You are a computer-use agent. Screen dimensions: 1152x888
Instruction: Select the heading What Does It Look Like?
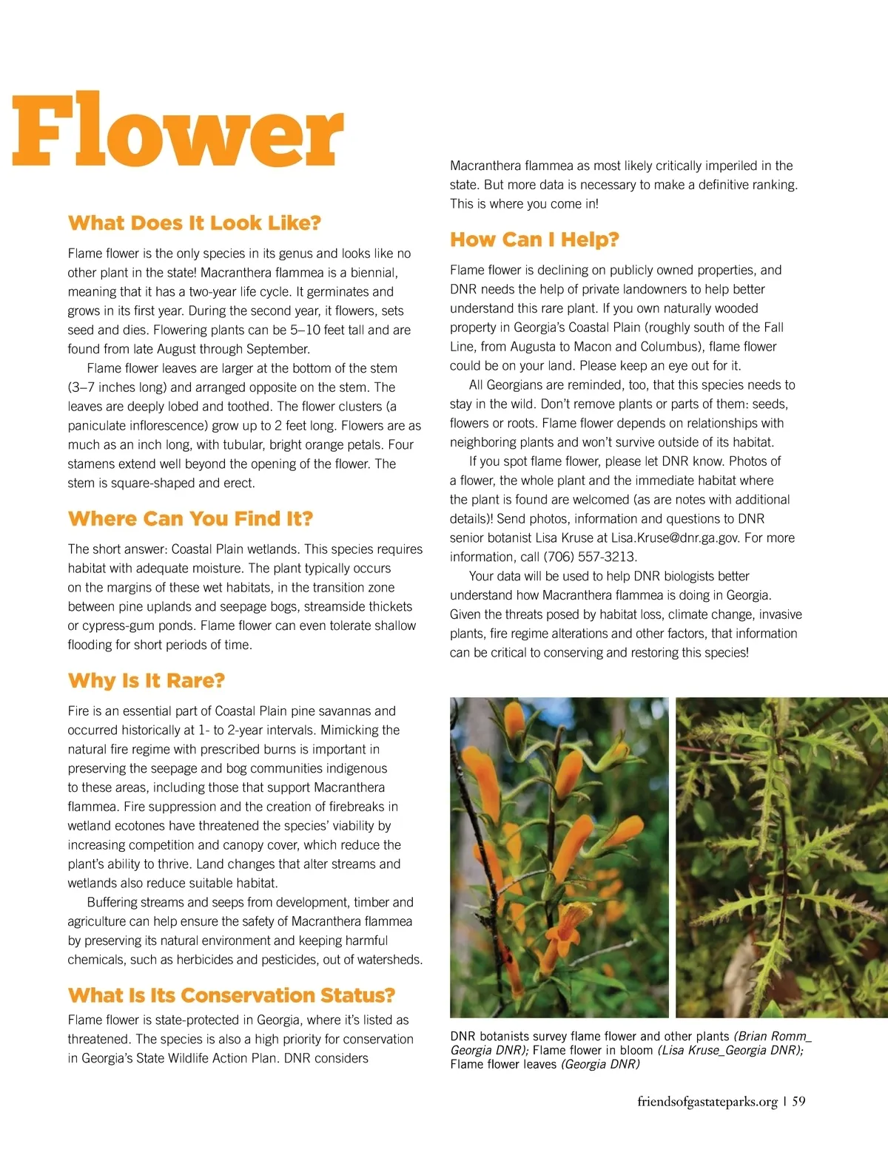[x=195, y=223]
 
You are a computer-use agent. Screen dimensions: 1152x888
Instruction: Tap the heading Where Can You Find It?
[x=190, y=518]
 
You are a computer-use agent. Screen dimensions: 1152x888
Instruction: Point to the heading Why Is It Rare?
[x=146, y=680]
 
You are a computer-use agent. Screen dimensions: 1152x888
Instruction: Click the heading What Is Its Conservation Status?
[x=232, y=995]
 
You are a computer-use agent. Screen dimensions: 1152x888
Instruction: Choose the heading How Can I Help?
[x=534, y=240]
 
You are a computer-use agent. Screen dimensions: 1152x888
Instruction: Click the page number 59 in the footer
[x=798, y=1102]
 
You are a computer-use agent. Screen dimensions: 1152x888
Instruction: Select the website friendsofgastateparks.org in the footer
[x=707, y=1102]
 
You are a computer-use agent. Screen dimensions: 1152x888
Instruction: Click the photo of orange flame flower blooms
[x=559, y=857]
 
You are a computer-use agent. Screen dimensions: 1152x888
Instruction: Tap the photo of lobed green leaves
[x=781, y=857]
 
